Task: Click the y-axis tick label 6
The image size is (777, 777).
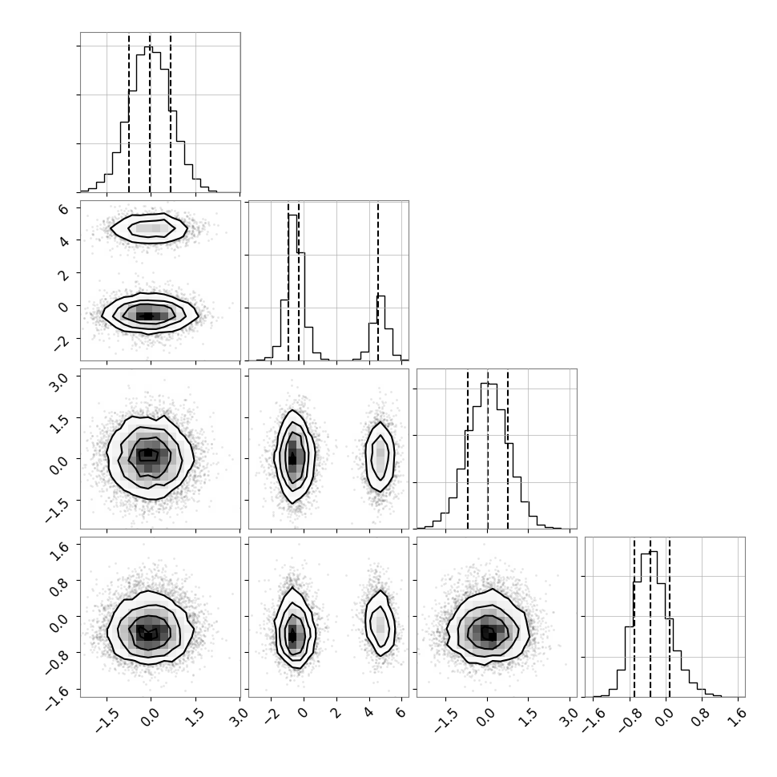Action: (x=63, y=208)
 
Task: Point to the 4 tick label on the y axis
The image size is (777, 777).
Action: (x=63, y=241)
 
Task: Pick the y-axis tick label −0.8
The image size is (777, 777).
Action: (x=56, y=659)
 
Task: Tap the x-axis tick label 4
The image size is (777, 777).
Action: (x=368, y=713)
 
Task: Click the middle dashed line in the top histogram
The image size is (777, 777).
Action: (x=150, y=112)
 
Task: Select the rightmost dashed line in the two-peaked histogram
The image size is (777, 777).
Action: (x=377, y=281)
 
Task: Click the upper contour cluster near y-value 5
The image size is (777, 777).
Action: (x=149, y=228)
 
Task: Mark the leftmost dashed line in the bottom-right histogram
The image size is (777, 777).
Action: (x=634, y=617)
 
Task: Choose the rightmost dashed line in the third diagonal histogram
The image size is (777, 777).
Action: (x=508, y=449)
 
